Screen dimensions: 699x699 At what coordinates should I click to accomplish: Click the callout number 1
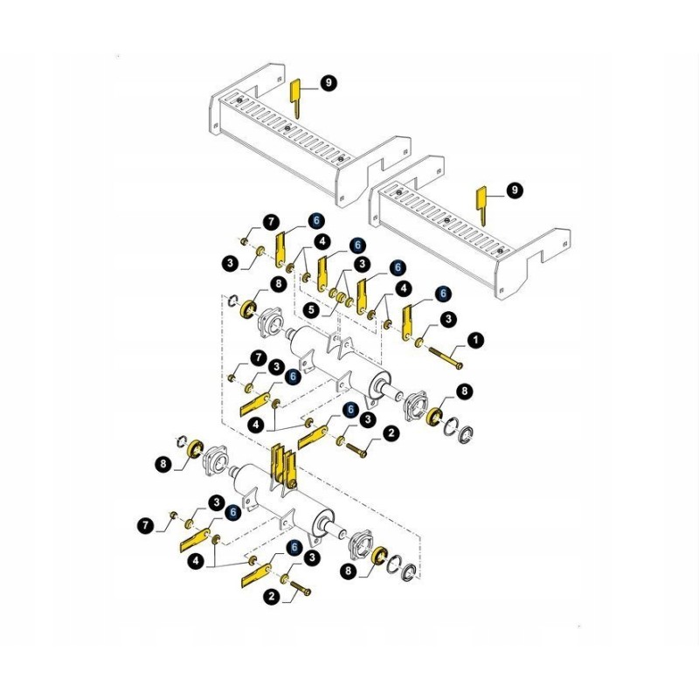pos(475,337)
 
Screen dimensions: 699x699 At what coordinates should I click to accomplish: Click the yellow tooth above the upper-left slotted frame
pos(296,97)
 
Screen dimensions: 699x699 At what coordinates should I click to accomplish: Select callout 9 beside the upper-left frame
pos(329,83)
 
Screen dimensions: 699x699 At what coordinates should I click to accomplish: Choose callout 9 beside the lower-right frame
pos(514,190)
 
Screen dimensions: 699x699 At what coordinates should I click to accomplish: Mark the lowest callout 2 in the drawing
pos(272,597)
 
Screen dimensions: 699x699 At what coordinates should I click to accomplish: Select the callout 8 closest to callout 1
pos(464,391)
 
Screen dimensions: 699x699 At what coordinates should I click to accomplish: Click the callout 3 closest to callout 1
pos(448,320)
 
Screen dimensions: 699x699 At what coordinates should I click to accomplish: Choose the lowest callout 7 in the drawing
pos(146,525)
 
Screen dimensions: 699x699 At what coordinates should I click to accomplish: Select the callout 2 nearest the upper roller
pos(391,433)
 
